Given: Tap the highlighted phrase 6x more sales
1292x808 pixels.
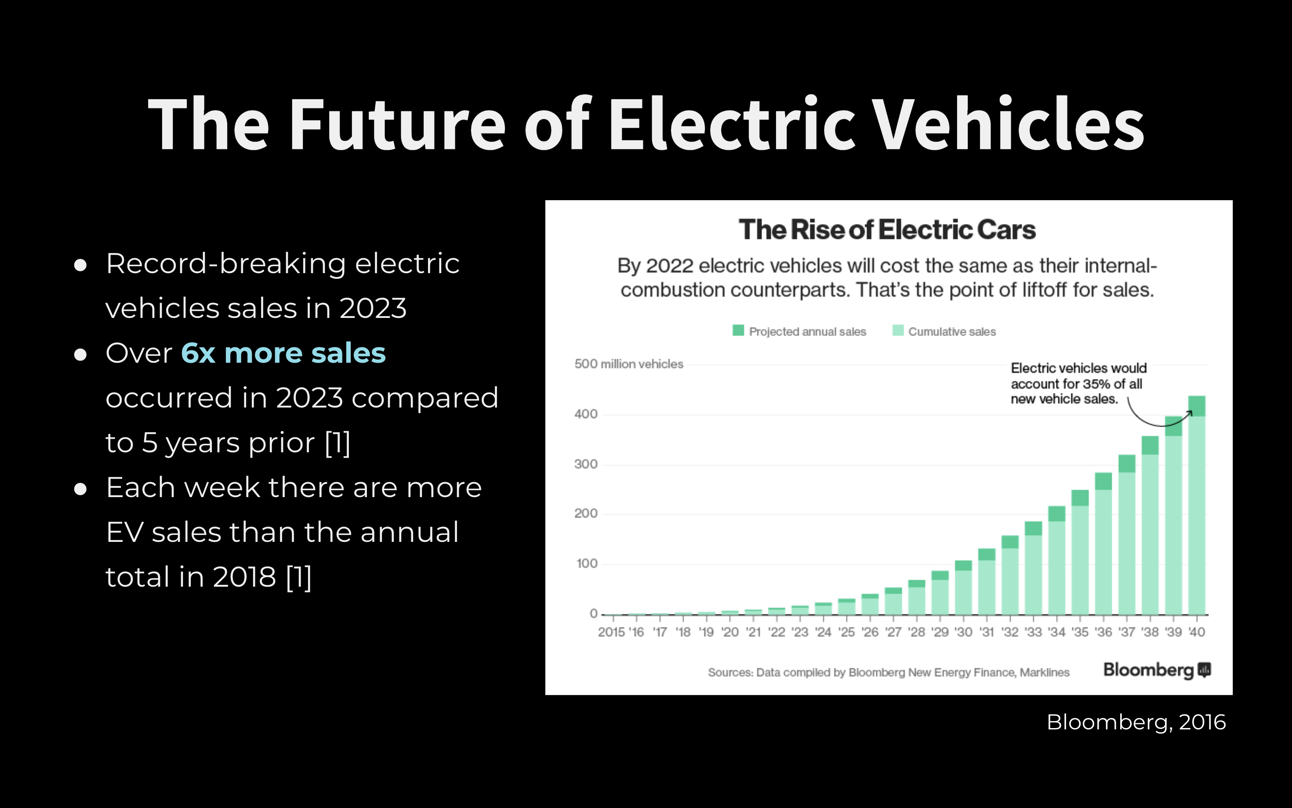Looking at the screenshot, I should point(283,353).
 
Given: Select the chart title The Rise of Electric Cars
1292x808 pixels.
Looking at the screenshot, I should point(887,230).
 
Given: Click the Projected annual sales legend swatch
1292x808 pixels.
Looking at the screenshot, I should point(738,331).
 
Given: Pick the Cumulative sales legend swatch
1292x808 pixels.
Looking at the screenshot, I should point(898,331).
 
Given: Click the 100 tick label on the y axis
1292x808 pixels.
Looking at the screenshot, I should point(587,563).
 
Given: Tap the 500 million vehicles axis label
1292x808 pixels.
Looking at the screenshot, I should point(628,364).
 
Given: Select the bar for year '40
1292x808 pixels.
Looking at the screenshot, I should point(1197,505).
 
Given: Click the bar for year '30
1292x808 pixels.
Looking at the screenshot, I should point(963,588).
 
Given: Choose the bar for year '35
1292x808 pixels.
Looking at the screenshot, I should point(1080,552).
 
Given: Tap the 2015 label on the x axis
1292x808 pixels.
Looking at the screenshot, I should point(611,632).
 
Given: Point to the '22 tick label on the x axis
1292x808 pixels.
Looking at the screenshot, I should point(777,632).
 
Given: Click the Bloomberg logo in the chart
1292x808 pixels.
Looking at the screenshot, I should point(1157,670).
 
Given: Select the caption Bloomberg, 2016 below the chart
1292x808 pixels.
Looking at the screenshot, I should point(1136,722).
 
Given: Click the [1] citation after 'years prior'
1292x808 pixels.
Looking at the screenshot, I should point(338,443).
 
